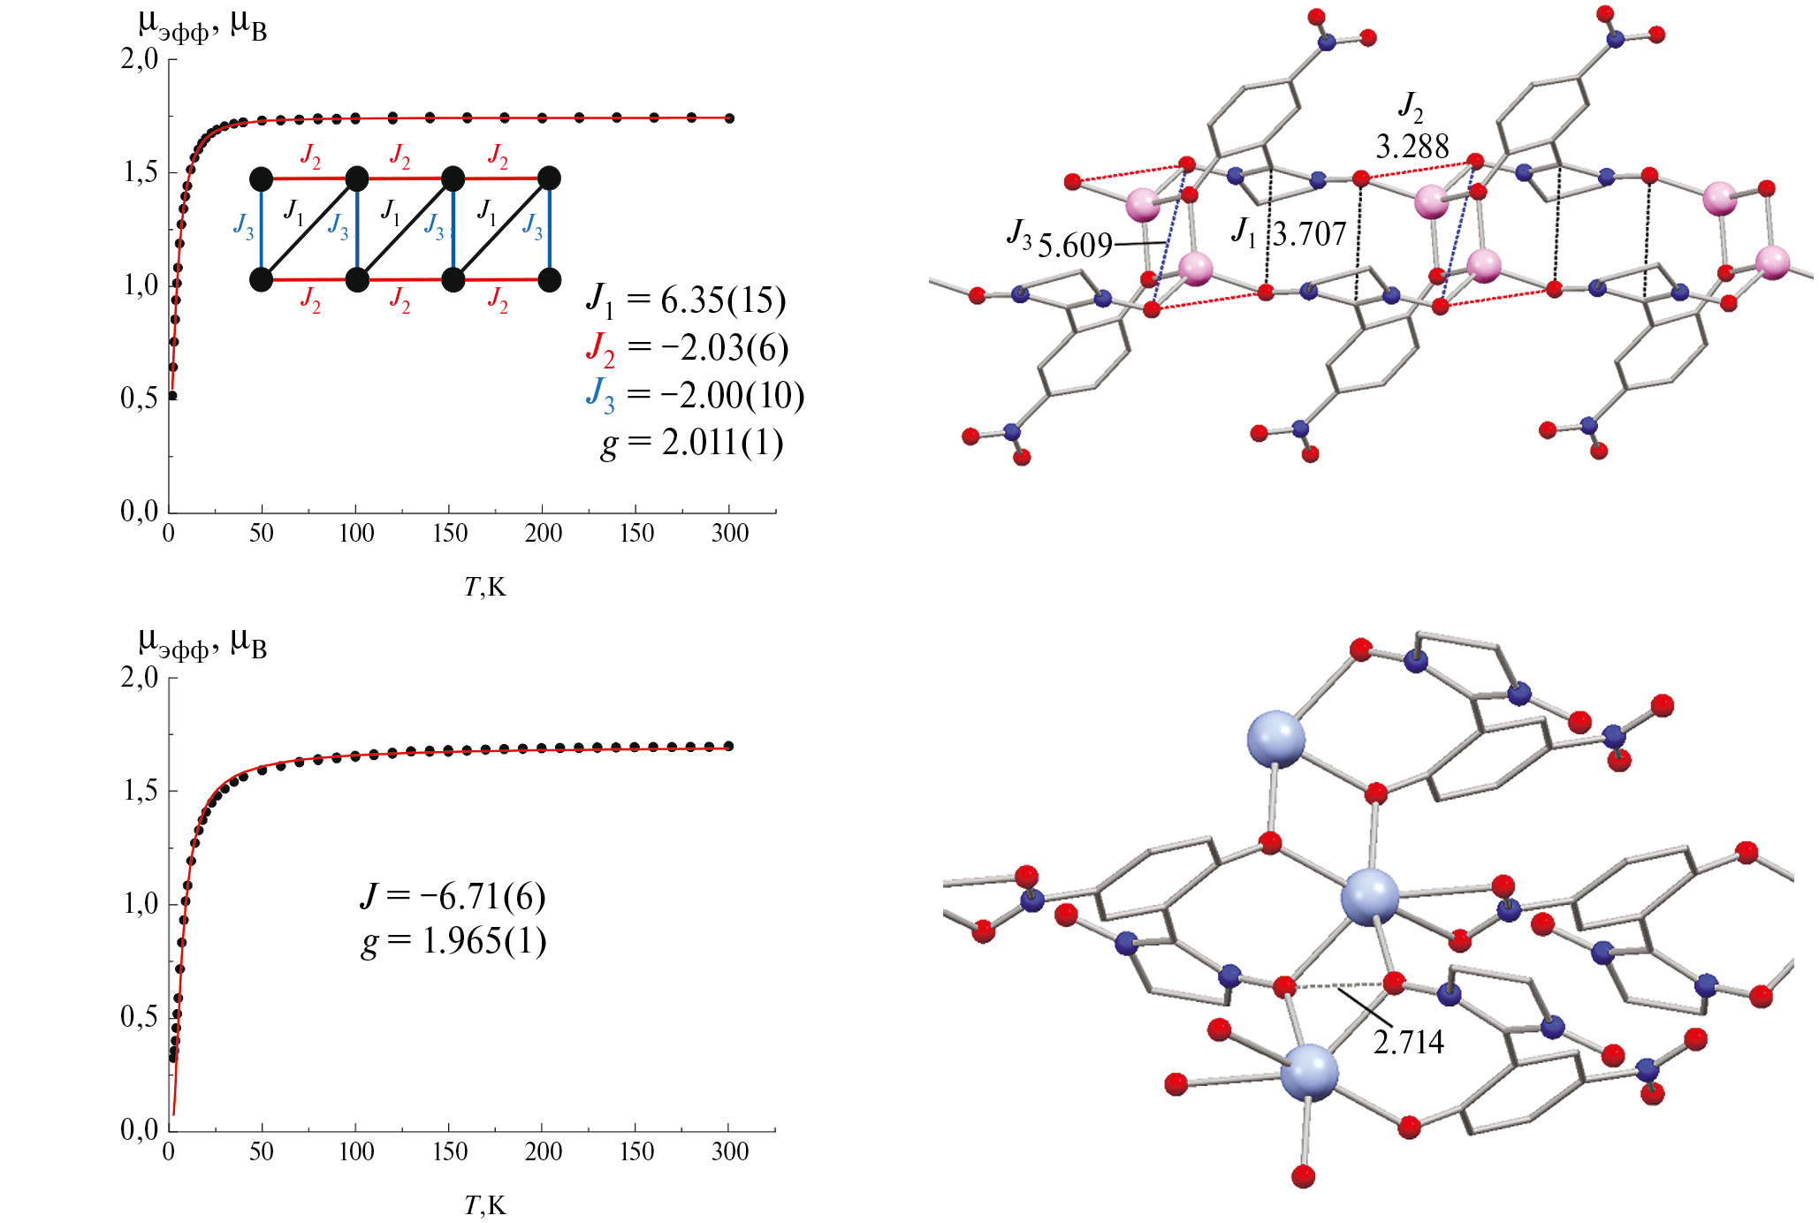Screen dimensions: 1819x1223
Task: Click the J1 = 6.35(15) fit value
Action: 686,301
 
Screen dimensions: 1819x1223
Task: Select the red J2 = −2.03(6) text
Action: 687,348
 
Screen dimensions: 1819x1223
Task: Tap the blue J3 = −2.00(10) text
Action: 695,395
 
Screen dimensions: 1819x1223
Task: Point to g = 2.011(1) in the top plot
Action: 692,443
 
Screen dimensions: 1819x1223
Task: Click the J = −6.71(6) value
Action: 453,897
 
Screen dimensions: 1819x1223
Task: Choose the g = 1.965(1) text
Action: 454,942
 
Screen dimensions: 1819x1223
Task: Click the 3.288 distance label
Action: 1412,147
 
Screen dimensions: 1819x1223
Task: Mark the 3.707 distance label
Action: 1310,234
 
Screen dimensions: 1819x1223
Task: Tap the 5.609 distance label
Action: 1075,246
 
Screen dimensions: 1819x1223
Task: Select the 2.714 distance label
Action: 1409,1043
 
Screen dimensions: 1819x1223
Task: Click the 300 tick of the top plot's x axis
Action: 730,533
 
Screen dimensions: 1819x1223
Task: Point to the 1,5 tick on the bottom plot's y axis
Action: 140,791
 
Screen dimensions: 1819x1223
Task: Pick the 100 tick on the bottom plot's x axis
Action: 356,1151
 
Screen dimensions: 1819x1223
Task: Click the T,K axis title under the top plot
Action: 485,587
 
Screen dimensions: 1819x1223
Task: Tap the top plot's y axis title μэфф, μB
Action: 202,26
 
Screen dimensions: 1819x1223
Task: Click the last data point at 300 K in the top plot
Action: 729,118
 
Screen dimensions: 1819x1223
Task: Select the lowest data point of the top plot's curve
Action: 172,396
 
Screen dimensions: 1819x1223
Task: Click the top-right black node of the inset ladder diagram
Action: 549,179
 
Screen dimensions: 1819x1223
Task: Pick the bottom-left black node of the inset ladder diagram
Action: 262,280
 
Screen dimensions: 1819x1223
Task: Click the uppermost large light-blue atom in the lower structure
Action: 1275,740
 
